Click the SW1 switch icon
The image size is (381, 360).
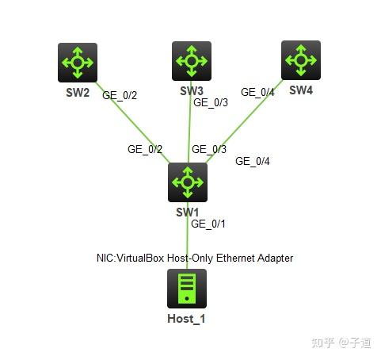click(188, 182)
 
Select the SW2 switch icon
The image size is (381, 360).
click(78, 63)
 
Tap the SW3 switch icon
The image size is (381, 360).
click(191, 61)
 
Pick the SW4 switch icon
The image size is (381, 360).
click(301, 60)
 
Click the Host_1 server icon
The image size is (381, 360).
click(187, 289)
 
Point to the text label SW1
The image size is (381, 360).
click(188, 212)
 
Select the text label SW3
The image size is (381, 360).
click(192, 90)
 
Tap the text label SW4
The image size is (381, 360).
click(301, 90)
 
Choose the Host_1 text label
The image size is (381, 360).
click(187, 319)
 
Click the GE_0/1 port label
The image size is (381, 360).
click(209, 224)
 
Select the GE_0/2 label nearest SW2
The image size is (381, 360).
click(120, 96)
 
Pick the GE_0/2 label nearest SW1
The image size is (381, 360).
click(145, 149)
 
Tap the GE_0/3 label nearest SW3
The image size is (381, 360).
click(211, 102)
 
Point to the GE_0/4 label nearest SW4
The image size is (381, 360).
click(257, 92)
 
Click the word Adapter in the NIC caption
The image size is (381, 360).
click(274, 258)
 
